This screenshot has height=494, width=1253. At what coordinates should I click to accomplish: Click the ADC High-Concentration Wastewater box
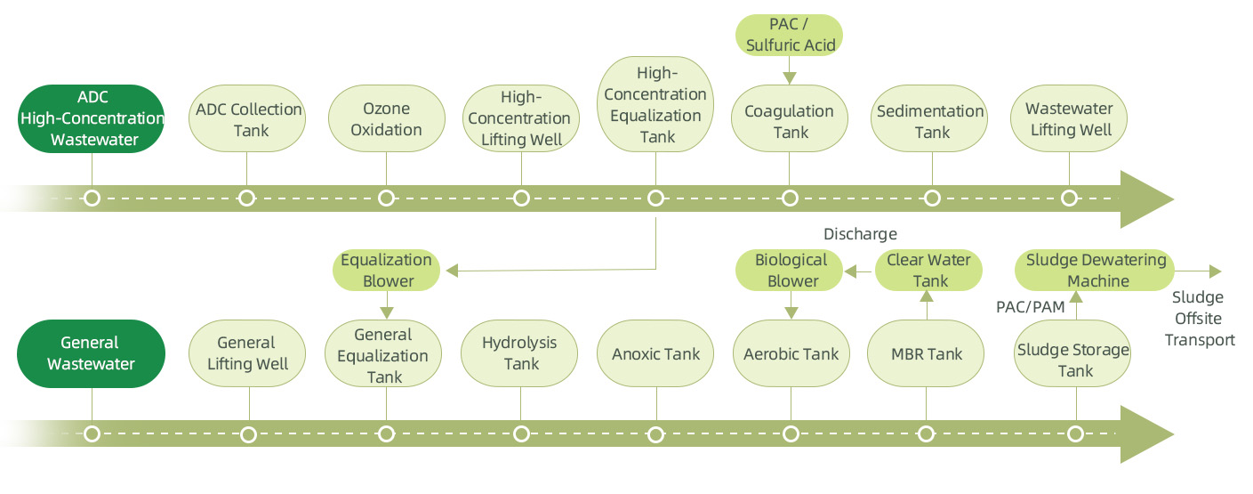tap(92, 118)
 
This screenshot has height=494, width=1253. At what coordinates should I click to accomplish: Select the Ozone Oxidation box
tap(386, 118)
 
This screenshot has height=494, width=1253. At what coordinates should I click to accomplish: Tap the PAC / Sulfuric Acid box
tap(790, 34)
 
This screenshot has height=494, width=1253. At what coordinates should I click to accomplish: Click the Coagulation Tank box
tap(790, 122)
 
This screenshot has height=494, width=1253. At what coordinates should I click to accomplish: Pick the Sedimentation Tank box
tap(930, 122)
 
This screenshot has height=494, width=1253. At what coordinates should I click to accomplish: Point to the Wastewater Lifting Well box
tap(1069, 118)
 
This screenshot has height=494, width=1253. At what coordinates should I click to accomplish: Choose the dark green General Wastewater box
tap(92, 353)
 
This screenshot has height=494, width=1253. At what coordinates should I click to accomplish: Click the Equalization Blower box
tap(387, 271)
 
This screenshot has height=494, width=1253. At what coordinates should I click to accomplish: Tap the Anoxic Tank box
tap(655, 353)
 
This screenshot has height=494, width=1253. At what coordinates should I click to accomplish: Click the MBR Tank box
tap(926, 353)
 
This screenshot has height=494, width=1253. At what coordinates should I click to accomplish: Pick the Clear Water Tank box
tap(928, 271)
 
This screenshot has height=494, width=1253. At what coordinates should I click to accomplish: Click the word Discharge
tap(860, 234)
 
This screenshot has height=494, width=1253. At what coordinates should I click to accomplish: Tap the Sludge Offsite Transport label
tap(1199, 319)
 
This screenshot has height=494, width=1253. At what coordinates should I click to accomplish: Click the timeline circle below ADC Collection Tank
tap(248, 198)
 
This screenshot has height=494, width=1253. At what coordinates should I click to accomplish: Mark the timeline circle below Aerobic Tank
tap(790, 434)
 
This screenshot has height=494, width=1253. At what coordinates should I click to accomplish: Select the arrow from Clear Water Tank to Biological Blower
tap(859, 271)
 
